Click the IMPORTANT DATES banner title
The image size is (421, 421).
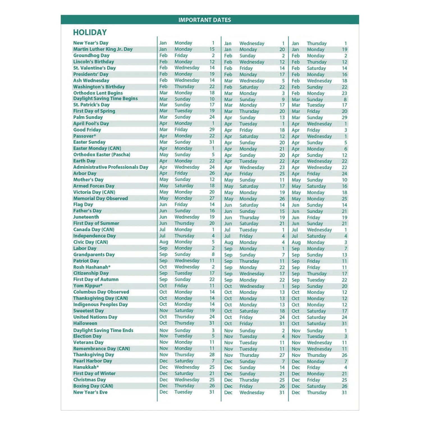click(205, 20)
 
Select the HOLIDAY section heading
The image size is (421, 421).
click(90, 32)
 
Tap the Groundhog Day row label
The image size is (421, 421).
click(91, 55)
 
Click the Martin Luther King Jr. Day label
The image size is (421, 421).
click(103, 49)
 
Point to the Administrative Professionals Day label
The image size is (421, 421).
click(111, 167)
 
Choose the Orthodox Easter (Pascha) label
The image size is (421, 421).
click(102, 155)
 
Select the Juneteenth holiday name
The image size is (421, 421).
click(86, 217)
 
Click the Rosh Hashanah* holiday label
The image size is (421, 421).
click(92, 267)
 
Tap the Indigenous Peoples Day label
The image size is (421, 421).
click(100, 305)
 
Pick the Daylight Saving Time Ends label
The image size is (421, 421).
click(103, 330)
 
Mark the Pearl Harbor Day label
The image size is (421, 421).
click(93, 361)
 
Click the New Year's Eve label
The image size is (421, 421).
click(90, 392)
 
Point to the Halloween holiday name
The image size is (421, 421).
click(85, 323)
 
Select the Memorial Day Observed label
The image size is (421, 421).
click(100, 198)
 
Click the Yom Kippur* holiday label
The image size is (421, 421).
click(88, 286)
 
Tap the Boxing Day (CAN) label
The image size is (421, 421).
click(93, 386)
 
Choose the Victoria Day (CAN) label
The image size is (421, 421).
click(94, 192)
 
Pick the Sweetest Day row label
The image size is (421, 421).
click(88, 311)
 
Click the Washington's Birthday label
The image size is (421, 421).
click(99, 87)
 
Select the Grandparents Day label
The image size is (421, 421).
click(94, 255)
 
